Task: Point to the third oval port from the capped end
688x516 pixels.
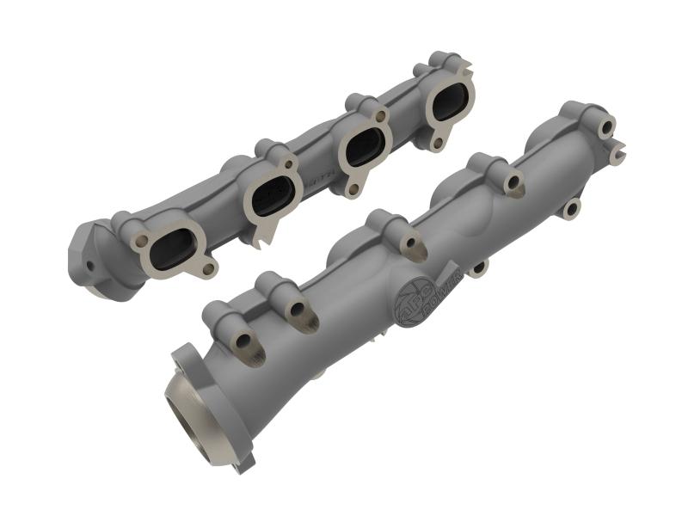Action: [x=364, y=150]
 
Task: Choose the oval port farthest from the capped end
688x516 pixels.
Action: [x=449, y=105]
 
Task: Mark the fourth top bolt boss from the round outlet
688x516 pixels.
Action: [x=513, y=181]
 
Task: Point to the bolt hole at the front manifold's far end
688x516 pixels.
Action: [x=607, y=127]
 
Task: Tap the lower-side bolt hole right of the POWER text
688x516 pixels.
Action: [x=477, y=269]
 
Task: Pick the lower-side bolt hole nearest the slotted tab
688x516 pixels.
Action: [x=571, y=208]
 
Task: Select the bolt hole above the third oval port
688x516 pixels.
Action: [x=378, y=114]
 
